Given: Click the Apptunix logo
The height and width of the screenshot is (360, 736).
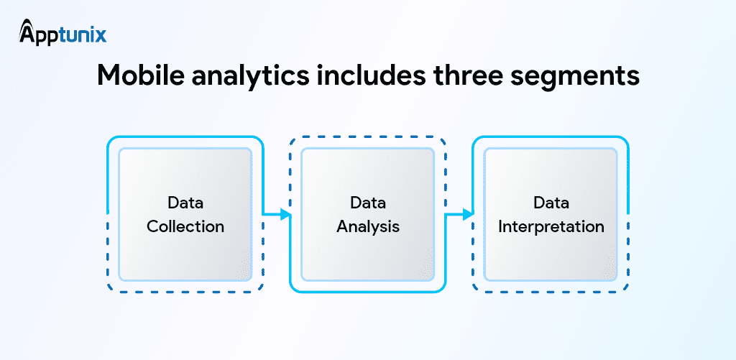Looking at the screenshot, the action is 63,33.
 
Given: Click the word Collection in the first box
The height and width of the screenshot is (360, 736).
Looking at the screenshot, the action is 185,226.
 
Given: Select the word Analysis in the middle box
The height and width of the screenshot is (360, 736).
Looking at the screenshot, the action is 368,226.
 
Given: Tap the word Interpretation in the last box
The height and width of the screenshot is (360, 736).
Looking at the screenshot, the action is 551,226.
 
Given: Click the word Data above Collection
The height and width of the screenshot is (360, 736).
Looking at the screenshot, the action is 185,203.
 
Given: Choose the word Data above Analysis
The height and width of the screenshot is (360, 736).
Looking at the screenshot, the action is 368,203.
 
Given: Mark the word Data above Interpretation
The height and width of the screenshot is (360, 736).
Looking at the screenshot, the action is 551,203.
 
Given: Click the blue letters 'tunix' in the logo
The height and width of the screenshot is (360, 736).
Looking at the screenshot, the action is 83,34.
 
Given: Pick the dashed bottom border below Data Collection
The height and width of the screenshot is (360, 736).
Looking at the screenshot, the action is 185,292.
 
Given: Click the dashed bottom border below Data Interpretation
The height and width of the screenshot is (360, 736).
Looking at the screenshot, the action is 550,292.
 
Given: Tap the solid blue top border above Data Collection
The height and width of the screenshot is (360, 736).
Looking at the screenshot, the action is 185,137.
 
